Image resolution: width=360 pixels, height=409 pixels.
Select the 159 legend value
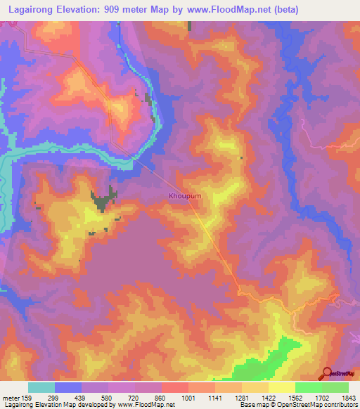[x=27, y=398]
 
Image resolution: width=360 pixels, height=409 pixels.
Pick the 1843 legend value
[x=347, y=398]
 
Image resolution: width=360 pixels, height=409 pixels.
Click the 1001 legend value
[x=188, y=398]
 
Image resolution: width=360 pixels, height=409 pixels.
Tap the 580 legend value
[x=108, y=398]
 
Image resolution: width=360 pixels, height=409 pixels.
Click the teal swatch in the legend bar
[x=41, y=387]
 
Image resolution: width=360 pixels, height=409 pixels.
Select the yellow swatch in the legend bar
[x=281, y=387]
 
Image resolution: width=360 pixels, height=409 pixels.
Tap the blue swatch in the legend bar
[x=67, y=387]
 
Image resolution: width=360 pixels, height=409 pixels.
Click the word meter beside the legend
[x=10, y=398]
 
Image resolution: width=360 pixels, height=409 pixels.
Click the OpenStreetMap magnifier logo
[x=327, y=373]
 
